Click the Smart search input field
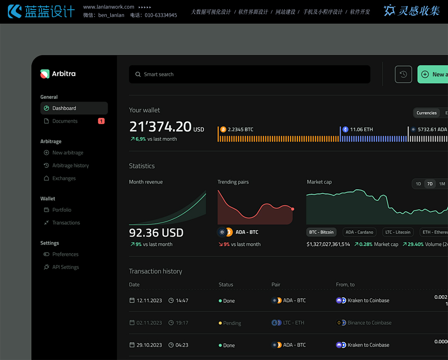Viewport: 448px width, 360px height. [249, 74]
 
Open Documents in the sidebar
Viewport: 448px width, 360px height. [65, 121]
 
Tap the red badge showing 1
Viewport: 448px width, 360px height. [101, 121]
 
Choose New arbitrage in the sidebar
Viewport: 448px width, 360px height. [68, 153]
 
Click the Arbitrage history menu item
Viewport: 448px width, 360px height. [70, 166]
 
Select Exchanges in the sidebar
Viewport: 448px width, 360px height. [64, 179]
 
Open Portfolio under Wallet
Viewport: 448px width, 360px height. [62, 210]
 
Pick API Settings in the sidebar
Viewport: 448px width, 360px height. [65, 267]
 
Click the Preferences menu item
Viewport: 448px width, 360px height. [65, 255]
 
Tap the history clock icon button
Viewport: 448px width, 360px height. [403, 74]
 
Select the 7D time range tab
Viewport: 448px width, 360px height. [430, 184]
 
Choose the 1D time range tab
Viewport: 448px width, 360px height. [418, 184]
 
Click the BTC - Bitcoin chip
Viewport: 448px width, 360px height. [321, 233]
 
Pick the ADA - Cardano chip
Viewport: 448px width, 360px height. [359, 233]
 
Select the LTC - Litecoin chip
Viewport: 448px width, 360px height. [397, 233]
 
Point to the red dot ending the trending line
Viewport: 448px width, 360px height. [292, 209]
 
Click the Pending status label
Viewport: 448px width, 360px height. [232, 323]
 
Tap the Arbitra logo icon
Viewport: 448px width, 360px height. [45, 74]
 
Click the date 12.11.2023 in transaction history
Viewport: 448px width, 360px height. [149, 301]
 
